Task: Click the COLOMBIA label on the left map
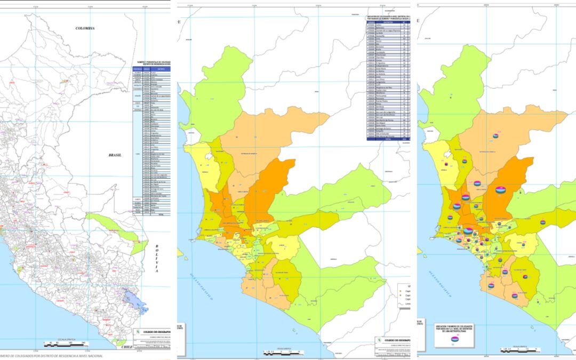pos(85,28)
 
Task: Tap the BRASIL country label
pos(115,155)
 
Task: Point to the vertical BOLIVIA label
pos(157,259)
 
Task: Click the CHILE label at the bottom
pos(126,347)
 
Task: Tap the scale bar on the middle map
pos(283,353)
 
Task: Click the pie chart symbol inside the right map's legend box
pos(455,339)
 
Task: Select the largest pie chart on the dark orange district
pos(501,189)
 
